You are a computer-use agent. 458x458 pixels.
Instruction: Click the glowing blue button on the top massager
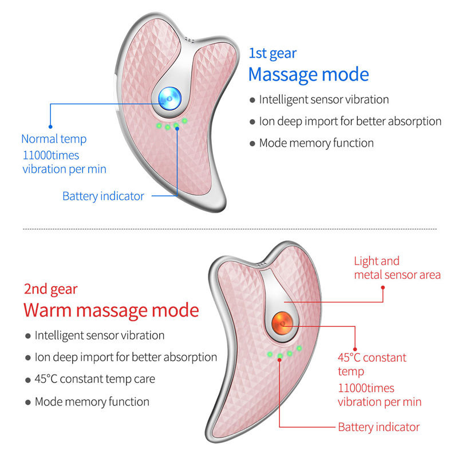[169, 98]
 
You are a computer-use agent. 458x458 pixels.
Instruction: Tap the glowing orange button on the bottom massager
[282, 323]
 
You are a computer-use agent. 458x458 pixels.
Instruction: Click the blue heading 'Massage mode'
[309, 74]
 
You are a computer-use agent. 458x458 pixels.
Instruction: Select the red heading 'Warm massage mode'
[111, 310]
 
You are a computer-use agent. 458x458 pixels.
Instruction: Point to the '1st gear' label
[273, 54]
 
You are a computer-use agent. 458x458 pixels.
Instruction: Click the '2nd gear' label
[50, 290]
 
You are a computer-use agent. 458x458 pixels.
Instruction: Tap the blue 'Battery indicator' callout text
[104, 196]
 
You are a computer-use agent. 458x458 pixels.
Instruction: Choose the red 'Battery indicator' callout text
[379, 427]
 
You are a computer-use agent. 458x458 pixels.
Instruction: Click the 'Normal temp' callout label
[54, 139]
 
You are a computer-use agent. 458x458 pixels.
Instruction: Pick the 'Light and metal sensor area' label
[397, 268]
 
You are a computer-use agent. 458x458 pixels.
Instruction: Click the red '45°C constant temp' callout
[372, 364]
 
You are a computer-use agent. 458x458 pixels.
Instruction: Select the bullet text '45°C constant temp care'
[95, 379]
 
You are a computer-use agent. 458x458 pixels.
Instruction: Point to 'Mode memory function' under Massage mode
[317, 143]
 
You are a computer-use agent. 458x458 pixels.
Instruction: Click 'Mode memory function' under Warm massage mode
[92, 402]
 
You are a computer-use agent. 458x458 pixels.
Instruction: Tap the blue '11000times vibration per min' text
[64, 163]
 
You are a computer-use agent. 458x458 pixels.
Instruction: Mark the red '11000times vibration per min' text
[380, 395]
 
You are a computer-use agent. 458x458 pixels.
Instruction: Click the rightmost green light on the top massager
[184, 120]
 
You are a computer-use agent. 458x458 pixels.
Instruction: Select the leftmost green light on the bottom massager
[270, 354]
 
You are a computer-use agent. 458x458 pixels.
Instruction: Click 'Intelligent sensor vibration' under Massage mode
[324, 100]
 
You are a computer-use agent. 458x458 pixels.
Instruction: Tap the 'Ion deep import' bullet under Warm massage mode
[126, 357]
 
